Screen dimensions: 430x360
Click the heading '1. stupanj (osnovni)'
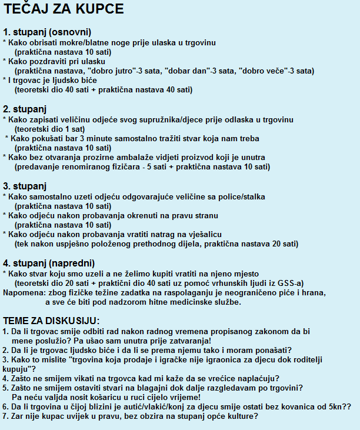(x=47, y=32)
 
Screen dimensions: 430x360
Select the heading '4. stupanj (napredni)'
(x=49, y=263)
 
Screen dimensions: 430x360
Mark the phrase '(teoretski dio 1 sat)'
(x=50, y=129)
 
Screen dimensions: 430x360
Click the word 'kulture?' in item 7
(x=241, y=416)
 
